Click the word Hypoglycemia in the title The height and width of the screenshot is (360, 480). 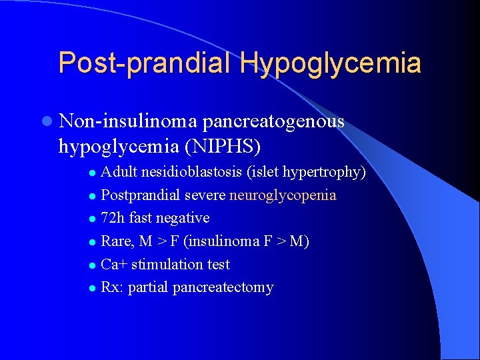(x=331, y=63)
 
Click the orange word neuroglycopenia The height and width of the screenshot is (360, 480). (x=283, y=195)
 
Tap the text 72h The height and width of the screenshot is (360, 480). (x=113, y=218)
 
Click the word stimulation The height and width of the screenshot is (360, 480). (x=165, y=264)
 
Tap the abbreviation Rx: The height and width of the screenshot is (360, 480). (x=112, y=287)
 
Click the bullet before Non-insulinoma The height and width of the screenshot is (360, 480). (x=45, y=121)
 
